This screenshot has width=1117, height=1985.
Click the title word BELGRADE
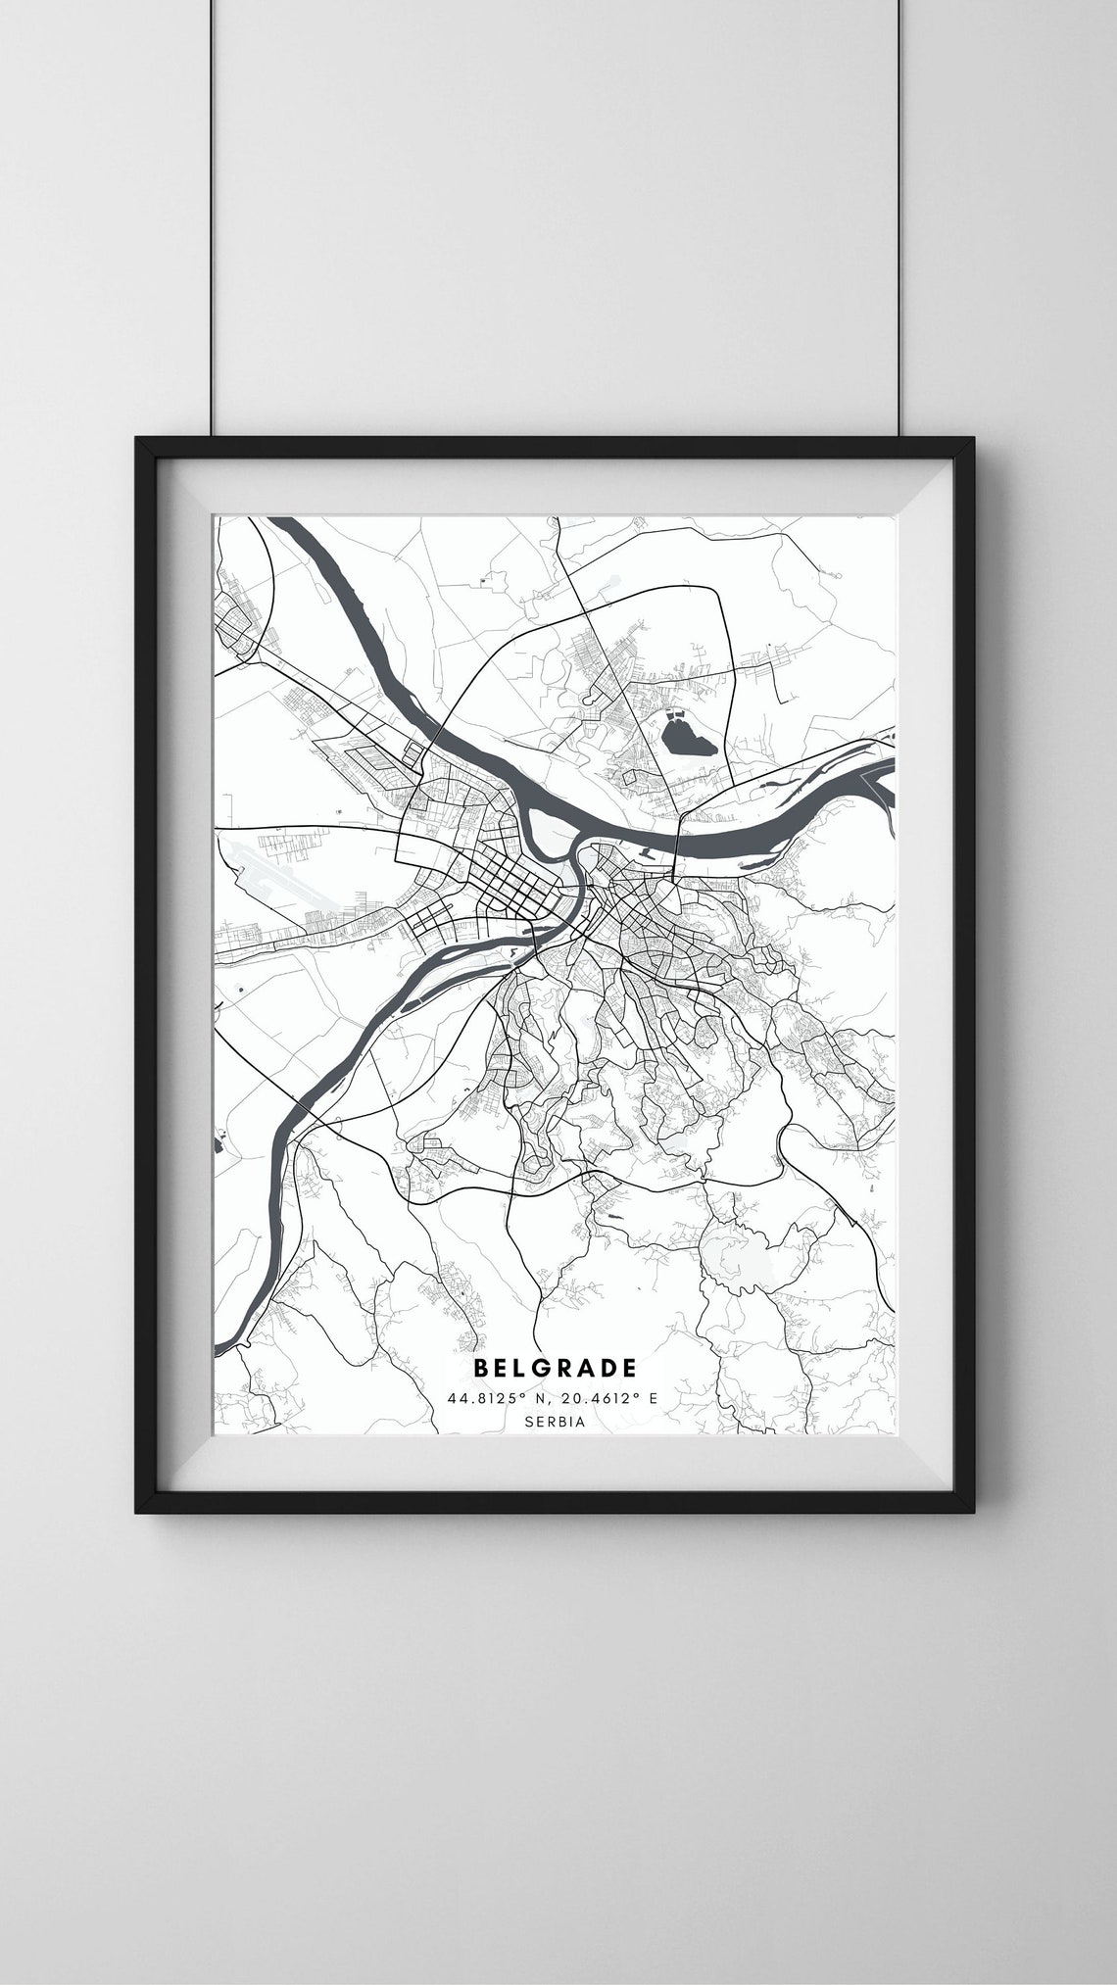click(x=556, y=1367)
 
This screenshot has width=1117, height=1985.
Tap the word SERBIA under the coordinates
click(x=556, y=1421)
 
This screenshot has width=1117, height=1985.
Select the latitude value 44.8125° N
click(x=494, y=1397)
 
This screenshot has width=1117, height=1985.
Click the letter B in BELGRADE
click(x=481, y=1367)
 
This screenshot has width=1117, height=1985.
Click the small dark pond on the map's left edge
click(x=217, y=1141)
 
